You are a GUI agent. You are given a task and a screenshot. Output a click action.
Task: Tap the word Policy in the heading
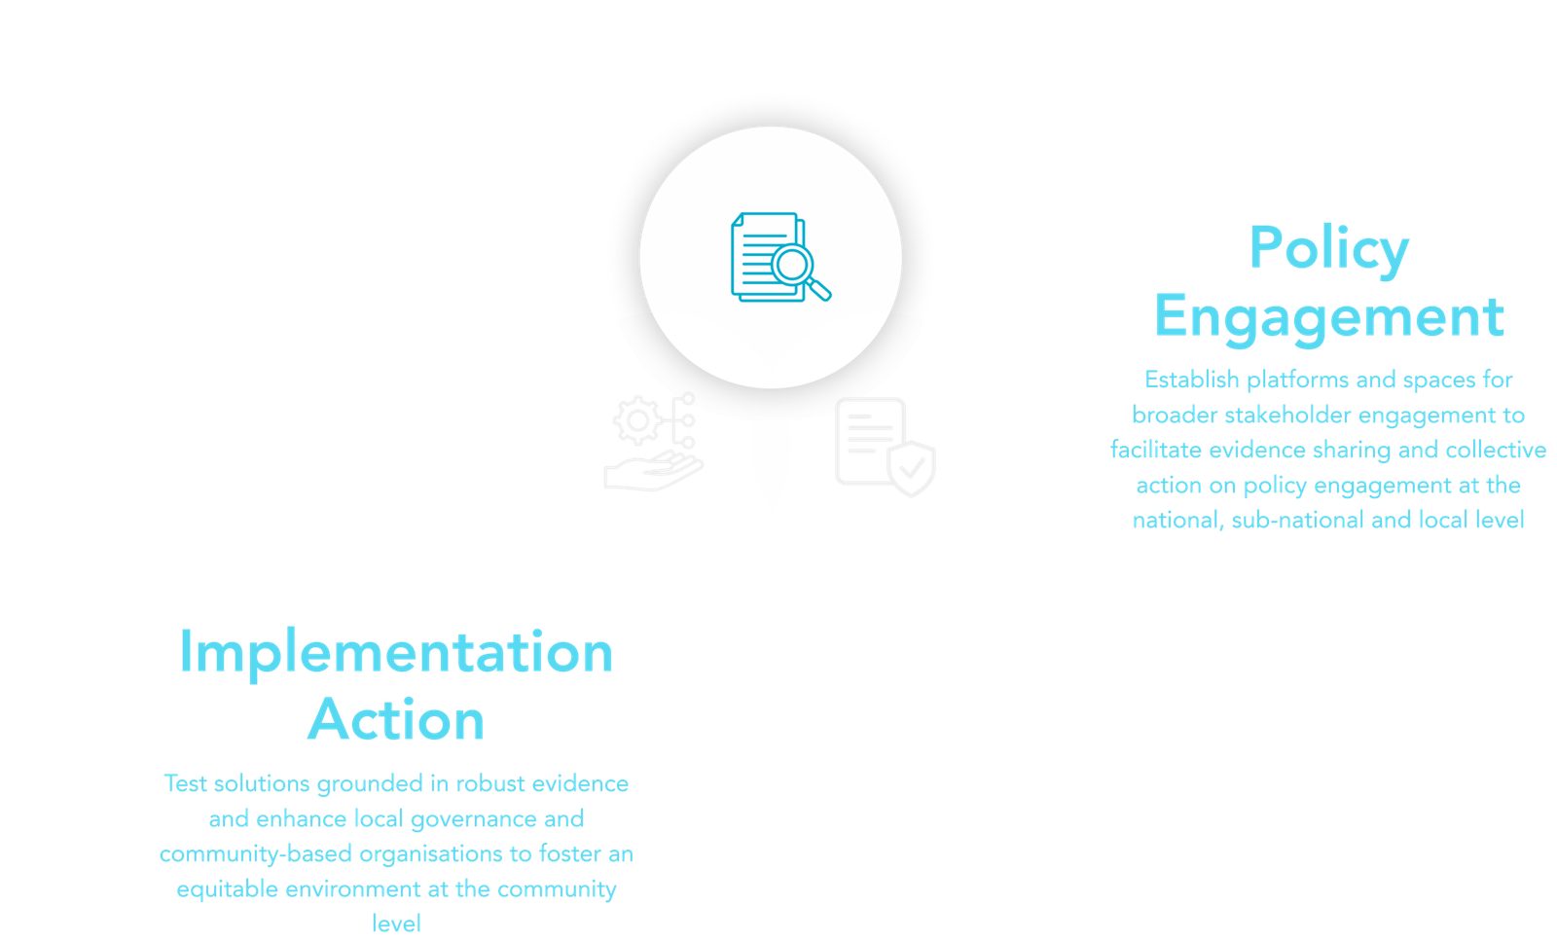click(1328, 248)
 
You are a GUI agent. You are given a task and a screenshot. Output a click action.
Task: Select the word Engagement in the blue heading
click(1328, 317)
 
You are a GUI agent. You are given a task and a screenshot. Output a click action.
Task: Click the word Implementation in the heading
click(396, 652)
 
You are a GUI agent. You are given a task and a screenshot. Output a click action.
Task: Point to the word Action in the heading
click(396, 720)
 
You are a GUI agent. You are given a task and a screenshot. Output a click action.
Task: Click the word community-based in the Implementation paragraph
click(256, 854)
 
